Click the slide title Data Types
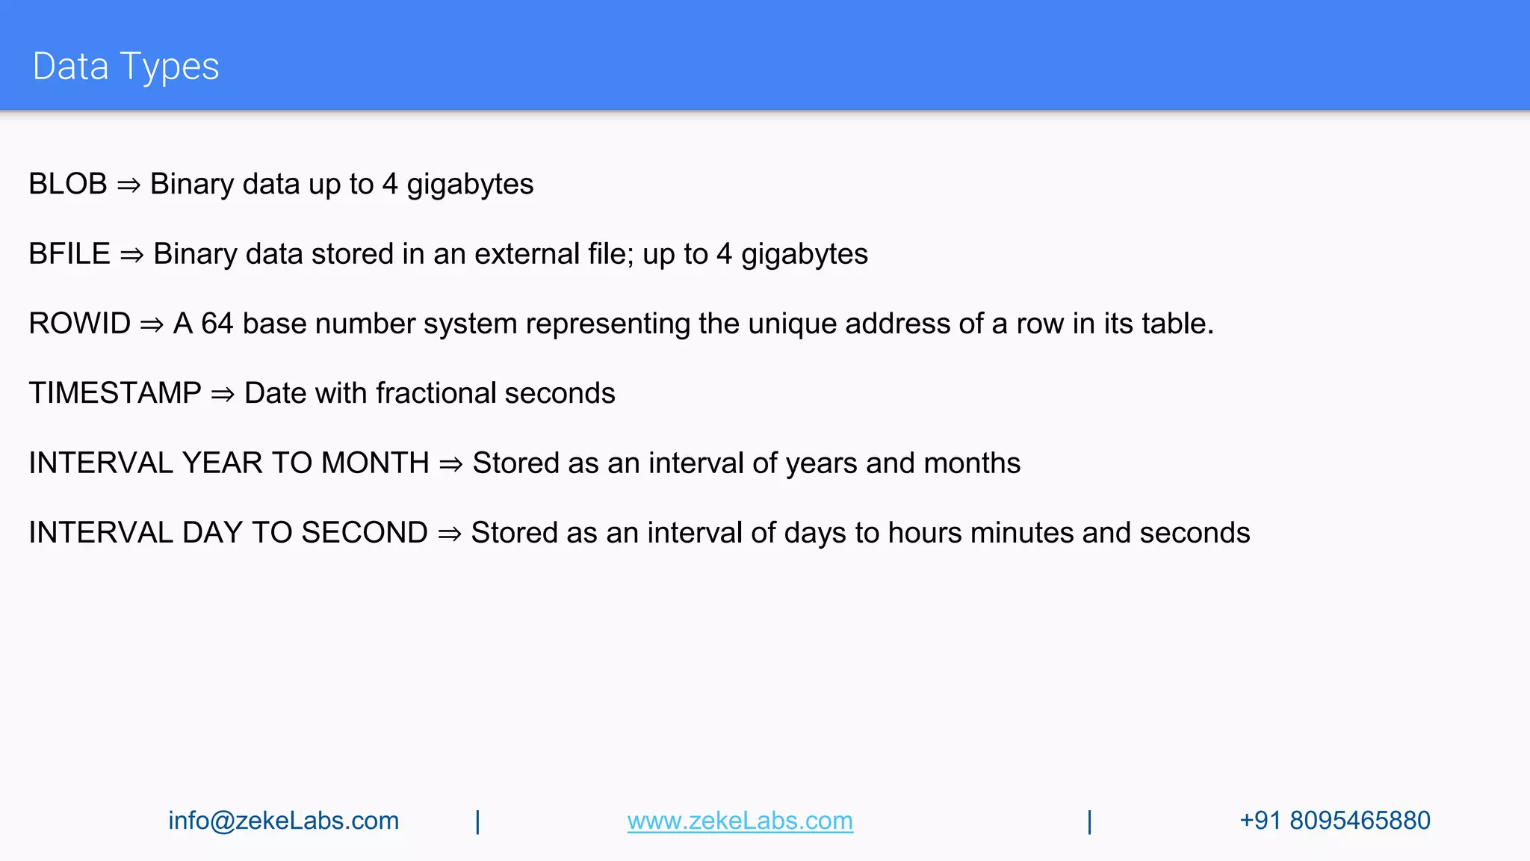pyautogui.click(x=126, y=67)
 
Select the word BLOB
pyautogui.click(x=68, y=184)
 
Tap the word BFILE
pyautogui.click(x=69, y=254)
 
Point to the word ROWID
pyautogui.click(x=80, y=324)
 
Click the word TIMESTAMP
pyautogui.click(x=115, y=393)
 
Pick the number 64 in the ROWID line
pyautogui.click(x=217, y=324)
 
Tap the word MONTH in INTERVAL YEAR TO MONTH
pyautogui.click(x=375, y=463)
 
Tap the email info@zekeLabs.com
pyautogui.click(x=283, y=821)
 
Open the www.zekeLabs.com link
pyautogui.click(x=740, y=821)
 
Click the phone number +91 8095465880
pyautogui.click(x=1335, y=821)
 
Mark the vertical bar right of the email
pyautogui.click(x=478, y=821)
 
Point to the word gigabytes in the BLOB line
pyautogui.click(x=470, y=185)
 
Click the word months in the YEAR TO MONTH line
pyautogui.click(x=972, y=463)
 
